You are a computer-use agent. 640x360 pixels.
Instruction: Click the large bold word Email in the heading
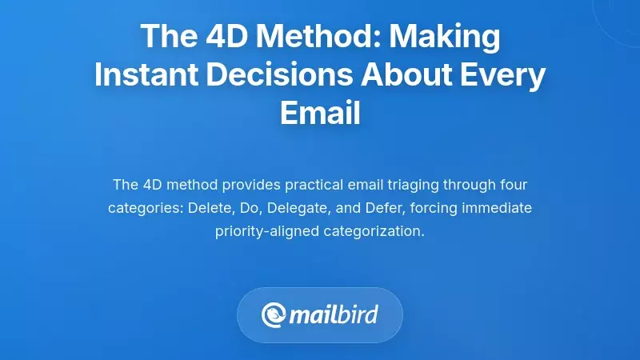[x=320, y=113]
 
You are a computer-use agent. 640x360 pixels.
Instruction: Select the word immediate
[x=501, y=209]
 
